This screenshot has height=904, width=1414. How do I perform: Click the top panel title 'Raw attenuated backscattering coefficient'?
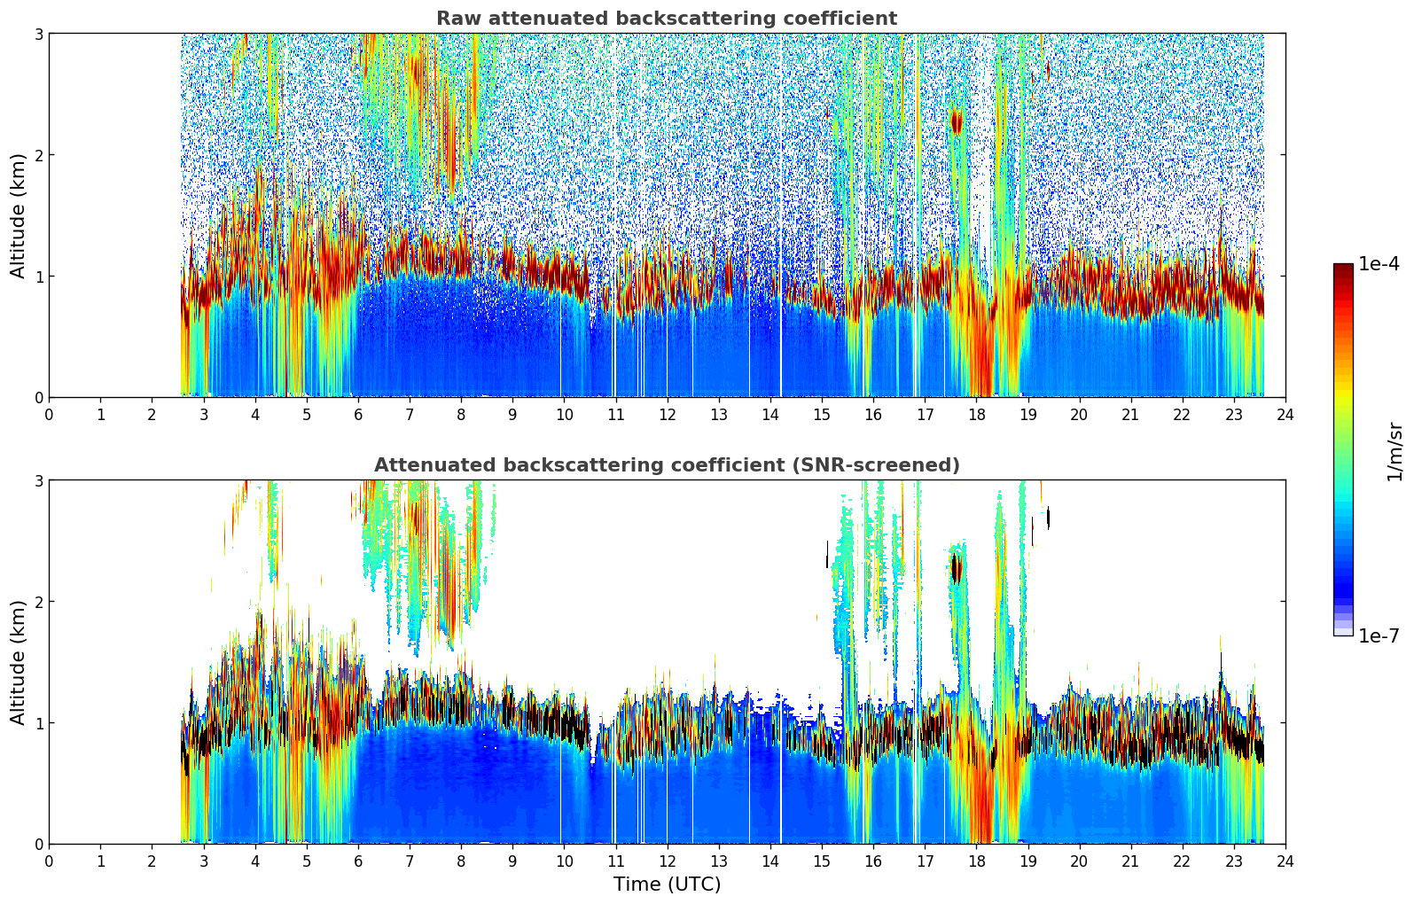666,19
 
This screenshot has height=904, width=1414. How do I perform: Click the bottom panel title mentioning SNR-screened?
666,465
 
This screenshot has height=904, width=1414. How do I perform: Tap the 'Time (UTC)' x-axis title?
667,884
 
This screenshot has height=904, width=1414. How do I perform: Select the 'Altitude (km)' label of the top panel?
18,215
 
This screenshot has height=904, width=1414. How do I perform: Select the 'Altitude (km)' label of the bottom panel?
18,662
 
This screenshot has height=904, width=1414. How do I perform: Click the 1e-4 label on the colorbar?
1379,264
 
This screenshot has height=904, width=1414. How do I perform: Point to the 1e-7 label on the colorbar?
1379,635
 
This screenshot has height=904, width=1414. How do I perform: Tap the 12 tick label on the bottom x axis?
667,861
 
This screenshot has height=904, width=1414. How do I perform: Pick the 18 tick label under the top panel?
976,415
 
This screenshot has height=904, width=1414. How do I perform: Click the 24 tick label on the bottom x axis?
1285,861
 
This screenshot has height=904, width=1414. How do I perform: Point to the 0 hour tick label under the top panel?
49,415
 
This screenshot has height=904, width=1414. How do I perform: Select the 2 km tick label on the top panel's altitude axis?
37,155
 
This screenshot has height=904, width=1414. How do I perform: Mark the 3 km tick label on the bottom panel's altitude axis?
37,480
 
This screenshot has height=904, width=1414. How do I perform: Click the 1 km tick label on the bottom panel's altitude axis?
37,723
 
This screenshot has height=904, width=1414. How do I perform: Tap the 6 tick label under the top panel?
358,415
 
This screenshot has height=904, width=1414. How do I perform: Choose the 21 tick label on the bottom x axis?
1130,861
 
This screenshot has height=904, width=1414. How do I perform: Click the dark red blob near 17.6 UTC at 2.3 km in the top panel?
956,121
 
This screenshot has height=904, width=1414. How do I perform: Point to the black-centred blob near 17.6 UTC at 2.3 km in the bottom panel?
956,568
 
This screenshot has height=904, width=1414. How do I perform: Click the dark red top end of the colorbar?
1343,269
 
